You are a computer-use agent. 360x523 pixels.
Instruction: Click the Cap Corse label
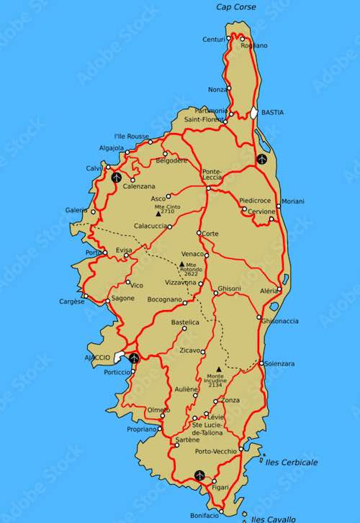[235, 7]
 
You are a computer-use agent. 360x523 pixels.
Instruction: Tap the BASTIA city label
[272, 112]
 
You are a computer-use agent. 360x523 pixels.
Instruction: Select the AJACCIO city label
[97, 358]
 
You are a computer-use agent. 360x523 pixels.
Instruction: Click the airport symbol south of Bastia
[261, 158]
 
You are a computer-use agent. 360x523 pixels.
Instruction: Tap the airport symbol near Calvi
[117, 176]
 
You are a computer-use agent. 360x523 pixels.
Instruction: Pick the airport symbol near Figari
[199, 476]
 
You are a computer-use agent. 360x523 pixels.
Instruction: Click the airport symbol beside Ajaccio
[134, 358]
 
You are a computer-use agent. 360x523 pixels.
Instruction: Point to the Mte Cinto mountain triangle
[158, 214]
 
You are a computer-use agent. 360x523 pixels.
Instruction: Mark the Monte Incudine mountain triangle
[218, 369]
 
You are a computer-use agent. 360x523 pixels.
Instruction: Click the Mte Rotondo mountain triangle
[181, 264]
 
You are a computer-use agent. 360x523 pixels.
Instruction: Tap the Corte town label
[210, 234]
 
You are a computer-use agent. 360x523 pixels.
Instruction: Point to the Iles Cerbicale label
[293, 463]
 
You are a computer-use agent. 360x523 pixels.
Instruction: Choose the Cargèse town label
[71, 301]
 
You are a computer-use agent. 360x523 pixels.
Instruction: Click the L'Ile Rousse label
[132, 136]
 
